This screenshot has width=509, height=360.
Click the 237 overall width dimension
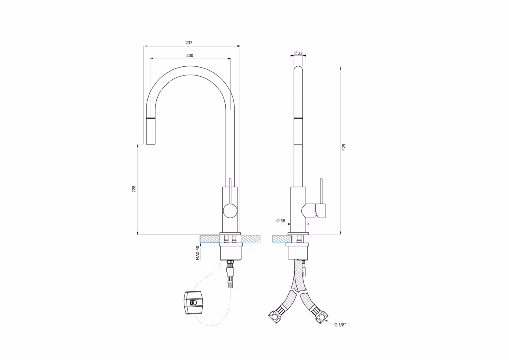pos(189,43)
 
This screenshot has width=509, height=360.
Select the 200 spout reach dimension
pos(190,56)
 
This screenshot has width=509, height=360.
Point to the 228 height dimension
pos(134,189)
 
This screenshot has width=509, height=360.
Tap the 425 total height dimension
pos(344,147)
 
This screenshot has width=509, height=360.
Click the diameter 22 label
pos(298,53)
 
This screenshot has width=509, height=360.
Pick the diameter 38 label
pos(281,221)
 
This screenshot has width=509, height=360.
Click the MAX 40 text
pos(197,253)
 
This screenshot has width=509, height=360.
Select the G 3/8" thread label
pos(340,325)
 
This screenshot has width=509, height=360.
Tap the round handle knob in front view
pos(230,211)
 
